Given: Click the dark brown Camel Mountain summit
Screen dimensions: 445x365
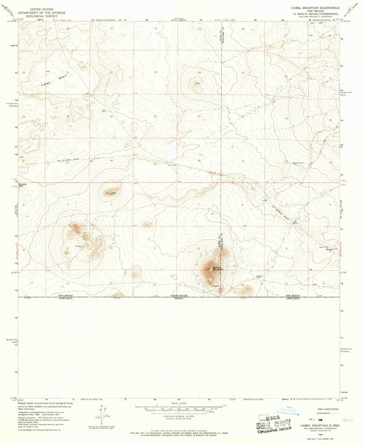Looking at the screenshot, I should [x=207, y=267].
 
